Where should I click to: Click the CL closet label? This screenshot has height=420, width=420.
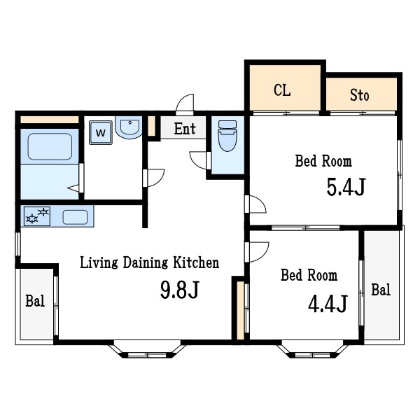[282, 90]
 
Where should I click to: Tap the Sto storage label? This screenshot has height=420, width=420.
[360, 94]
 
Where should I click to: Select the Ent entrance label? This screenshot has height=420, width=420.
[185, 129]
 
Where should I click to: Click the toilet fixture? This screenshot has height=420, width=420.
[227, 136]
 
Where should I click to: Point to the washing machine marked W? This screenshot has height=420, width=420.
[101, 132]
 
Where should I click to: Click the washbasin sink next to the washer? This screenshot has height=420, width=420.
[129, 127]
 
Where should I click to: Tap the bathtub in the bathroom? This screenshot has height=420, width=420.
[50, 146]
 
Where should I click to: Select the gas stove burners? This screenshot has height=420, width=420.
[37, 216]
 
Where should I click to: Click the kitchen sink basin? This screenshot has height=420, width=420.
[75, 217]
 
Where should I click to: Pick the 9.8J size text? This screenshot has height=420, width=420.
[180, 290]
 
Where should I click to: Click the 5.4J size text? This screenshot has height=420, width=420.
[346, 187]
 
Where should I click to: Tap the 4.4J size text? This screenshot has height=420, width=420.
[328, 304]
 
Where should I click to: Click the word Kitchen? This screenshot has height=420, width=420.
[196, 262]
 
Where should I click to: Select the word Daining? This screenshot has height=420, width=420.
[146, 263]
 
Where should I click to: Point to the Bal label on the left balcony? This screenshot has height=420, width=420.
[35, 301]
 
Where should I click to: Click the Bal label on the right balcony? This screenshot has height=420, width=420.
[381, 290]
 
